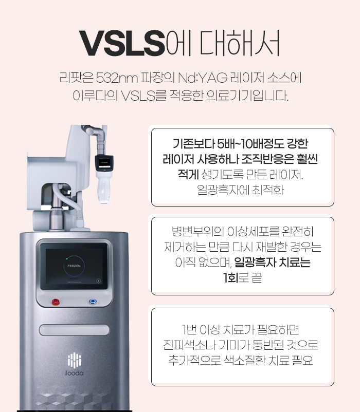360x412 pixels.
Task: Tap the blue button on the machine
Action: coord(93,301)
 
